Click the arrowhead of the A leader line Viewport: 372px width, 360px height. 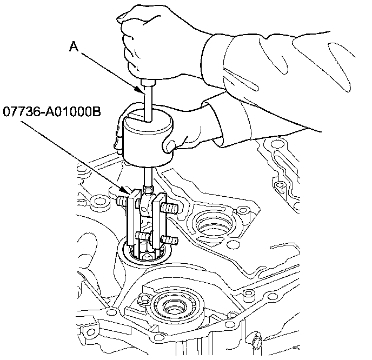click(x=144, y=96)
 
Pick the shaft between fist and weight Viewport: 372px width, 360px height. click(x=148, y=97)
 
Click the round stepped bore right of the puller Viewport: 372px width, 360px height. click(x=212, y=222)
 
